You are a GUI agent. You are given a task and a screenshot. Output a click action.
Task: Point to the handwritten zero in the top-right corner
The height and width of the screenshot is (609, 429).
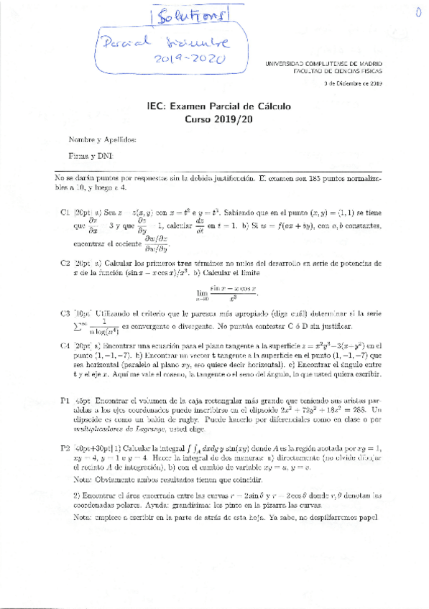tap(418, 11)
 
